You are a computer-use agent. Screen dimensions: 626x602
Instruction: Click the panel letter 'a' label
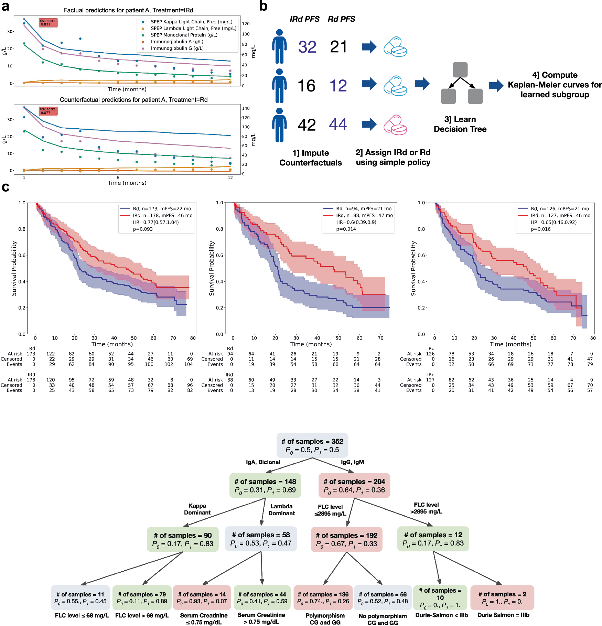click(x=5, y=7)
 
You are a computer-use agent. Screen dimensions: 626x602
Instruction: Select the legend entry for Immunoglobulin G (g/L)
click(x=177, y=48)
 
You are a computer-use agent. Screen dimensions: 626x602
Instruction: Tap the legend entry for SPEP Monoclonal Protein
click(x=184, y=35)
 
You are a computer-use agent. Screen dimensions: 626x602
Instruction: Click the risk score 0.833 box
click(x=48, y=23)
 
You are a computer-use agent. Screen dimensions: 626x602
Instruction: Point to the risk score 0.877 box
click(x=48, y=111)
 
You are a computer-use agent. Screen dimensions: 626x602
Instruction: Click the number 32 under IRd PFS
click(x=307, y=47)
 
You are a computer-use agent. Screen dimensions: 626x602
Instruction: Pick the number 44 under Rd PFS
click(x=338, y=124)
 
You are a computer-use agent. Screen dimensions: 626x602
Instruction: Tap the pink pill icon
click(x=395, y=125)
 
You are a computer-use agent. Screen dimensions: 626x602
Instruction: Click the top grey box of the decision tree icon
click(x=460, y=70)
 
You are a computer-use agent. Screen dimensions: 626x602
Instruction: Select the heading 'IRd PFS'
click(x=304, y=19)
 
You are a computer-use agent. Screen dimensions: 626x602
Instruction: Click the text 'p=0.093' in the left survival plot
click(x=143, y=229)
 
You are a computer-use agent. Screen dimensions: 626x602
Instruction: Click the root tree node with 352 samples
click(x=312, y=445)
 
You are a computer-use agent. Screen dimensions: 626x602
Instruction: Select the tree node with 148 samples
click(x=265, y=486)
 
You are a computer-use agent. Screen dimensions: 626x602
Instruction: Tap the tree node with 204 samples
click(x=354, y=486)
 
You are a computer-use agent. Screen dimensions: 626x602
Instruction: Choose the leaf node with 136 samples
click(x=323, y=598)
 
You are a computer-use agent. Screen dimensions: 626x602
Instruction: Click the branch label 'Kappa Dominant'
click(x=197, y=509)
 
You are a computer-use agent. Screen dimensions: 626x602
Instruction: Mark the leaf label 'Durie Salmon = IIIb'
click(x=503, y=615)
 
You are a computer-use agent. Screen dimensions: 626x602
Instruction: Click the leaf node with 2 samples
click(x=502, y=598)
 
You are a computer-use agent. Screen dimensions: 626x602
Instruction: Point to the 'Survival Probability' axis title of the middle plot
click(x=212, y=268)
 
